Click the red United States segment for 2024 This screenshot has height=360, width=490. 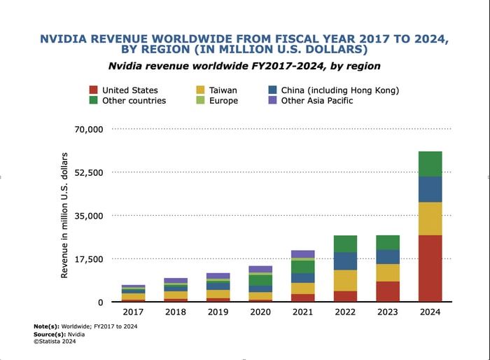tap(430, 268)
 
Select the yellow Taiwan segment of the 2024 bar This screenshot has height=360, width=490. tap(430, 219)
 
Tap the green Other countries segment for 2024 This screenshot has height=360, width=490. tap(430, 164)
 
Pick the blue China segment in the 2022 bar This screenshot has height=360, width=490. tap(344, 261)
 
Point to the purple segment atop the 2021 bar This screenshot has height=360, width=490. tap(302, 254)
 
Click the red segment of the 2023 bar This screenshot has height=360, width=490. tap(387, 291)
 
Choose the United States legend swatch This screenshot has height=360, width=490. tap(93, 90)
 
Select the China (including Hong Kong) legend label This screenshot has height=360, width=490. tap(339, 90)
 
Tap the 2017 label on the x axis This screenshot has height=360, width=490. tap(132, 312)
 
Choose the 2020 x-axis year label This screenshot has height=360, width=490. tap(260, 312)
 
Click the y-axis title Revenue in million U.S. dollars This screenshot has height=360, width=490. tap(64, 215)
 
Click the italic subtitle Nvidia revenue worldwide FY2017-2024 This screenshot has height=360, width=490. tap(244, 66)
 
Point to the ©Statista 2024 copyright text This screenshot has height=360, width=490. tap(55, 341)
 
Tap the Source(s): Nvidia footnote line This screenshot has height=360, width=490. tap(57, 334)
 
